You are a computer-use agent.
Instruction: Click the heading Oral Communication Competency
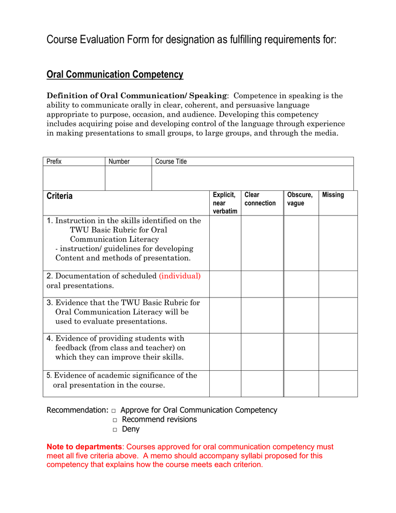[x=115, y=75]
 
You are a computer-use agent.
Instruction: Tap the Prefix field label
[x=54, y=161]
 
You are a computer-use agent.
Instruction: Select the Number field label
[x=119, y=161]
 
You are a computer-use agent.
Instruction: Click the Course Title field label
[x=171, y=161]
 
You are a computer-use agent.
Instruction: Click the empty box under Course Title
[x=252, y=178]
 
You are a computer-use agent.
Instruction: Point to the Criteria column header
[x=60, y=196]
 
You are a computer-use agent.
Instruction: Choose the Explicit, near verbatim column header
[x=224, y=203]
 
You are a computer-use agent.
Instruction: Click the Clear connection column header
[x=260, y=199]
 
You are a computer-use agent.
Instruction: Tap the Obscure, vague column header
[x=300, y=199]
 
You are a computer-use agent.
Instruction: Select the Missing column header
[x=333, y=195]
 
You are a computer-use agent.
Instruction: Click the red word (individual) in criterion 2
[x=180, y=276]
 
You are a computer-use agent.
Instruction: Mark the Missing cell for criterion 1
[x=338, y=243]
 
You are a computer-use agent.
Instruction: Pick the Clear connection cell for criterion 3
[x=262, y=315]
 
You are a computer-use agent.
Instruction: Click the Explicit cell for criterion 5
[x=225, y=384]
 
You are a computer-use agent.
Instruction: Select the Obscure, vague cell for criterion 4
[x=301, y=352]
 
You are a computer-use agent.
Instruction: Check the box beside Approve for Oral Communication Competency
[x=114, y=411]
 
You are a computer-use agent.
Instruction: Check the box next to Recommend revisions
[x=115, y=420]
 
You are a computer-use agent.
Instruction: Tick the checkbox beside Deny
[x=115, y=430]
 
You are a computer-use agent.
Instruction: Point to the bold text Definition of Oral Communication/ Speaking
[x=137, y=96]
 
